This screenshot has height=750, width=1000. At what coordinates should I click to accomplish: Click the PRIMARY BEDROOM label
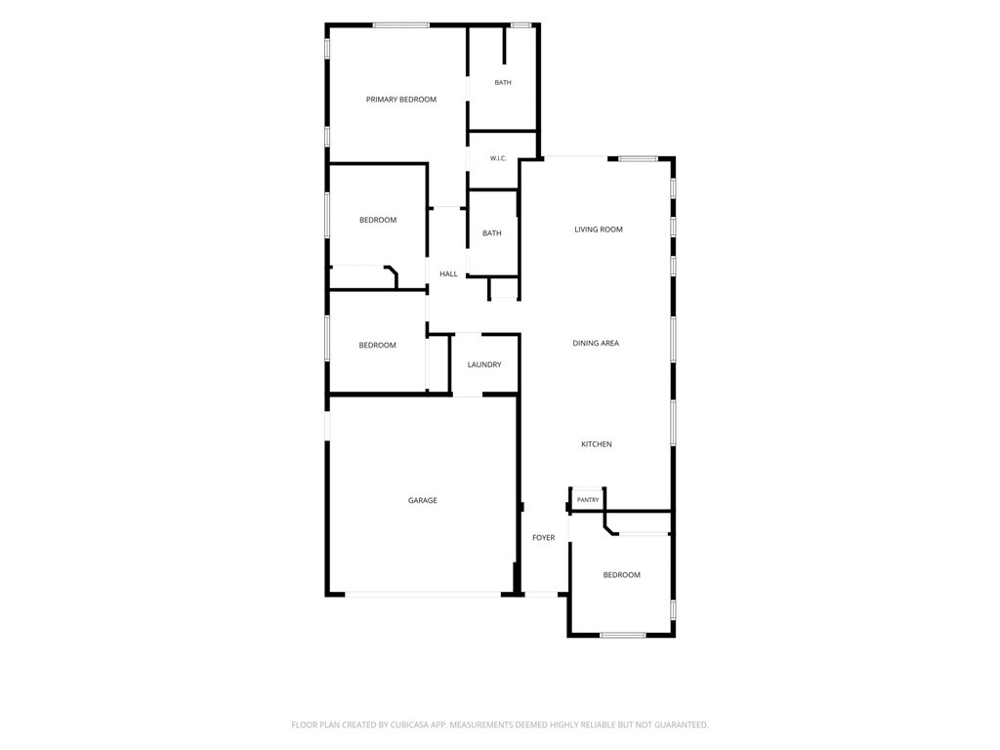coord(401,100)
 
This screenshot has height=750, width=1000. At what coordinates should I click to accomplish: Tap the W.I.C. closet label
coord(498,158)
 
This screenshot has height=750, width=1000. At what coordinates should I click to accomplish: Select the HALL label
coord(448,274)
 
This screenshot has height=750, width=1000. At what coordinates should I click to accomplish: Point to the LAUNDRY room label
coord(484,365)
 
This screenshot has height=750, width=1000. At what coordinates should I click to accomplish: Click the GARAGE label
coord(422,501)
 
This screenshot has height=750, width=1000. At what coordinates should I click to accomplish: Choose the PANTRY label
coord(588,500)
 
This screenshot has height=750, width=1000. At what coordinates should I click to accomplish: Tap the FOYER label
coord(543,538)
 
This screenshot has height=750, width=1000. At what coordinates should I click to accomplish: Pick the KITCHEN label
coord(597,444)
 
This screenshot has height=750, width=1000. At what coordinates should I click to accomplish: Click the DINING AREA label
coord(596,343)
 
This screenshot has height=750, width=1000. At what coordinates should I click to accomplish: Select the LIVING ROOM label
coord(599,229)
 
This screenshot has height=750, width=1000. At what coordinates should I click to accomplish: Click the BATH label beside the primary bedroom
coord(503,83)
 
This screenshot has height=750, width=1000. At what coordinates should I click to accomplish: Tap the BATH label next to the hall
coord(492,233)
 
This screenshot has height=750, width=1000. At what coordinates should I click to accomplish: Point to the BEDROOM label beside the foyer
coord(622,575)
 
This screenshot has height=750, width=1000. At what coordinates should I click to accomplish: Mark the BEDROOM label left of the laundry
coord(378,346)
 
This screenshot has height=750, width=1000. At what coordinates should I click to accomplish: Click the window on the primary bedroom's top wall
coord(401,25)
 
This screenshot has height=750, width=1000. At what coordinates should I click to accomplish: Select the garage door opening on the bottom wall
coord(423,595)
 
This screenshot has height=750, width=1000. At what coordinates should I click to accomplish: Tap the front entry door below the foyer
coord(541,595)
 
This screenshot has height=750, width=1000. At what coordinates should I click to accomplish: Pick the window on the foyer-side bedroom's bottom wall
coord(623,635)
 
